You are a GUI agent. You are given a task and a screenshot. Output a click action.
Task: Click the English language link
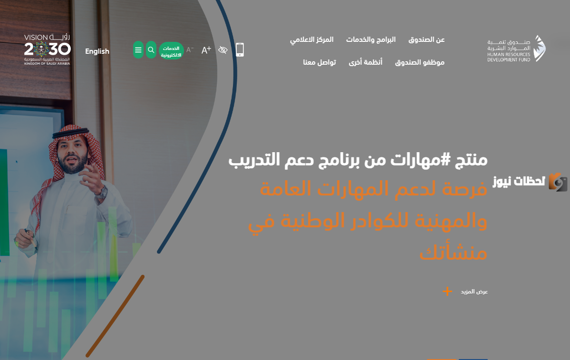[97, 51]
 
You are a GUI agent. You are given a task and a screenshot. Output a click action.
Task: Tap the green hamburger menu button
[138, 50]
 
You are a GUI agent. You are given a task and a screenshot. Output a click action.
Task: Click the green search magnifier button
[151, 50]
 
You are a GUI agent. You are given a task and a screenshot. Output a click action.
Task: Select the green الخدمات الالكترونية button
[171, 51]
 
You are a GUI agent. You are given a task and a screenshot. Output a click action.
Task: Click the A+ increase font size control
[206, 50]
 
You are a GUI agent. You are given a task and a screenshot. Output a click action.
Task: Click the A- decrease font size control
[190, 49]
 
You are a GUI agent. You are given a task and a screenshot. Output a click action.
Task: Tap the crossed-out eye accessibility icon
[223, 50]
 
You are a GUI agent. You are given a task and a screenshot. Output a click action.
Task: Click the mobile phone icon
[240, 50]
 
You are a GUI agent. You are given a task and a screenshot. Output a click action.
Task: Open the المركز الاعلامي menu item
[311, 39]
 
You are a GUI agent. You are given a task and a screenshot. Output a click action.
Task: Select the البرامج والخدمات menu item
[371, 39]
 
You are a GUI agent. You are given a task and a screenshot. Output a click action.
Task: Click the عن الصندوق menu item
[426, 39]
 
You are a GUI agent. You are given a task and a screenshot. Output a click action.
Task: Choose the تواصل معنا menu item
[319, 62]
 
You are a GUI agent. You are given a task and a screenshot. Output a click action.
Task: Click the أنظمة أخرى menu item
[366, 62]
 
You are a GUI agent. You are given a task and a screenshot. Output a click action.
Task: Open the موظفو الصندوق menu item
[420, 63]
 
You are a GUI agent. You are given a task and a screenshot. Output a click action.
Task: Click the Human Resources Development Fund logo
[517, 49]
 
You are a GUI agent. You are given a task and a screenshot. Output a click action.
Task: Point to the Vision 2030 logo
[47, 49]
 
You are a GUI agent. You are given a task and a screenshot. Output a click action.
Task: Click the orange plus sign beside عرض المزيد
[447, 291]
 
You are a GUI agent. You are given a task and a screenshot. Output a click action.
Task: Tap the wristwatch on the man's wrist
[102, 192]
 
